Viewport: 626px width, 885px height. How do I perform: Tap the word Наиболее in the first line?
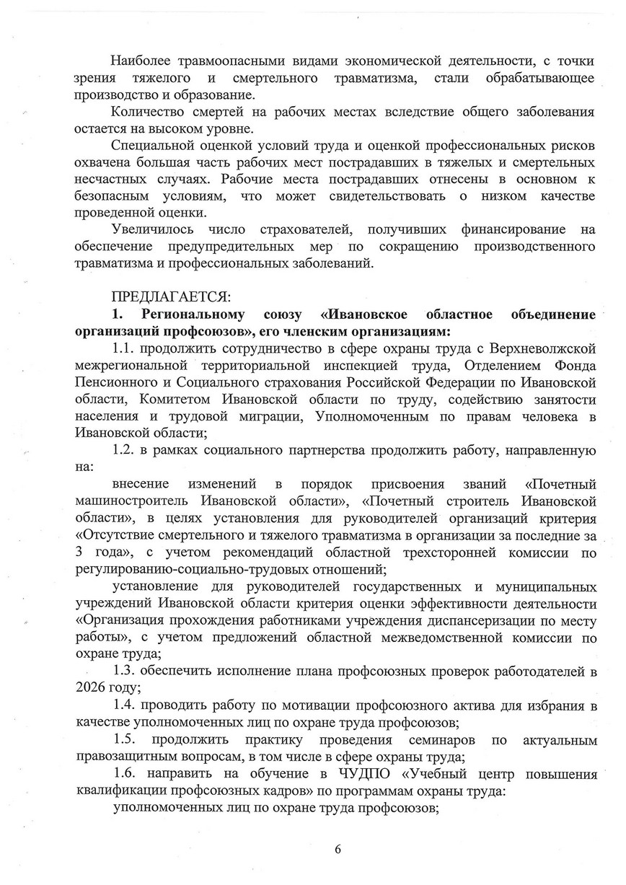141,43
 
